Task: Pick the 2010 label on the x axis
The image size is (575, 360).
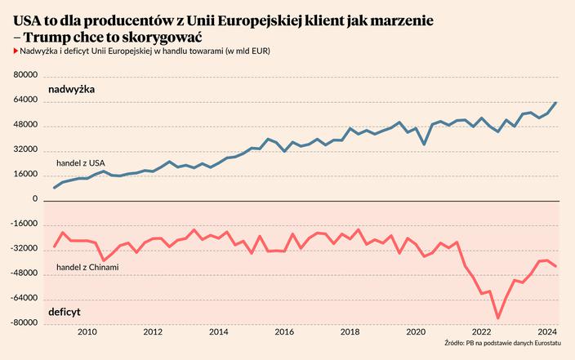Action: (87, 333)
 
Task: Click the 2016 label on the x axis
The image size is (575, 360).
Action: (284, 333)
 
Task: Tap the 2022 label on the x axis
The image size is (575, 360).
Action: (481, 333)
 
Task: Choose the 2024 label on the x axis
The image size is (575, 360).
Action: (546, 333)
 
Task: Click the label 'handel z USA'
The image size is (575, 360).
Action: (80, 164)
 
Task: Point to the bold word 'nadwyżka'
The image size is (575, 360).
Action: (72, 88)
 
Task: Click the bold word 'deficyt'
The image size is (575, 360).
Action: (65, 313)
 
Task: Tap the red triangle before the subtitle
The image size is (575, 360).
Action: (16, 51)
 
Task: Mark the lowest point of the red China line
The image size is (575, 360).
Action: (497, 318)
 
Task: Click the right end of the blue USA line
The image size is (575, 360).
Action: (556, 103)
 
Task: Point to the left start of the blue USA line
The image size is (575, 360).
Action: (54, 188)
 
